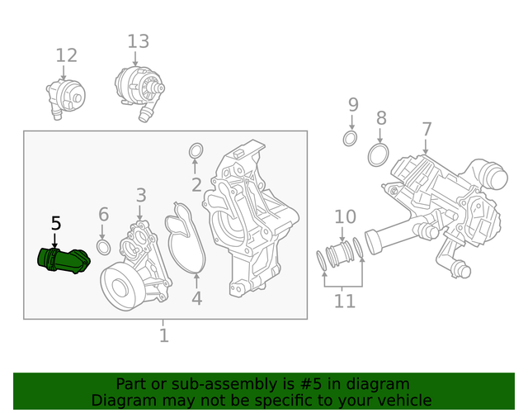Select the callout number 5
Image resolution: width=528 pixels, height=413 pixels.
pyautogui.click(x=55, y=223)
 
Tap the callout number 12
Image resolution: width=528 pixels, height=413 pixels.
pyautogui.click(x=66, y=55)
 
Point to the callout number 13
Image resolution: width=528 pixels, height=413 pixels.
pyautogui.click(x=138, y=41)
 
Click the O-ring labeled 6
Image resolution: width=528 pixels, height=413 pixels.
pyautogui.click(x=104, y=247)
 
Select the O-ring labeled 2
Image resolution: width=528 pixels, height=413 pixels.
pyautogui.click(x=196, y=151)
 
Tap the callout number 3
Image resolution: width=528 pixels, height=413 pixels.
pyautogui.click(x=141, y=196)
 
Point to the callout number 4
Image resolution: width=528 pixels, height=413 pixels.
pyautogui.click(x=196, y=298)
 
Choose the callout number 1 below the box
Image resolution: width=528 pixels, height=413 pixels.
pyautogui.click(x=163, y=335)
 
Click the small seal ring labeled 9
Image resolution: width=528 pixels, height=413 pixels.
pyautogui.click(x=350, y=137)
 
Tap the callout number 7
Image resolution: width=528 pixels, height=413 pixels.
pyautogui.click(x=427, y=130)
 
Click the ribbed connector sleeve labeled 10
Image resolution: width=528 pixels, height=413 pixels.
pyautogui.click(x=339, y=254)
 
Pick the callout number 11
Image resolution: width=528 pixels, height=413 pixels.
pyautogui.click(x=345, y=301)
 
